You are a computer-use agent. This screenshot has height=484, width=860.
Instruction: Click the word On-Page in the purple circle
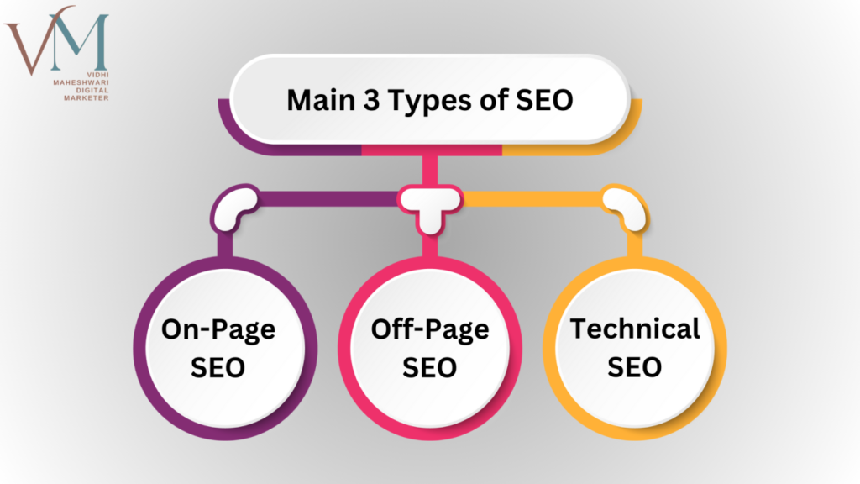click(x=218, y=330)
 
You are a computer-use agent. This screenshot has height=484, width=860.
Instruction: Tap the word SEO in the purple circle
click(x=218, y=368)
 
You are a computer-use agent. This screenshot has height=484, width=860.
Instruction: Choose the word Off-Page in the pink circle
click(x=429, y=330)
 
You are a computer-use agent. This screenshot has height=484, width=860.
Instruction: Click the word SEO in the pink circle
click(x=429, y=368)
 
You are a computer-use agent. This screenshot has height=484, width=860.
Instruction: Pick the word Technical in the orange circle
click(x=635, y=329)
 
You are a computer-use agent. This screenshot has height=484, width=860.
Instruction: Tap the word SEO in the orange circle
click(x=635, y=367)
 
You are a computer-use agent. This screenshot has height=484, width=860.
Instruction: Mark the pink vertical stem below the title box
click(x=430, y=167)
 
